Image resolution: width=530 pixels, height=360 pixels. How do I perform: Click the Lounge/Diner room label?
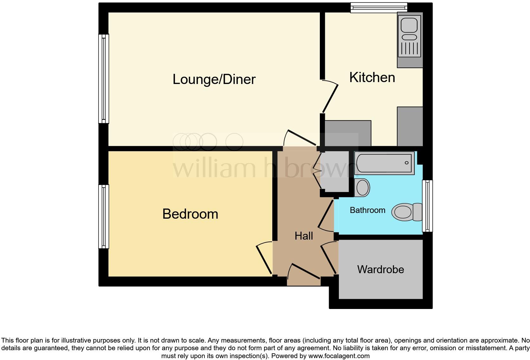[214, 79]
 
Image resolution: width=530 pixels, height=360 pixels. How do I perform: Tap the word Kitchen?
[372, 78]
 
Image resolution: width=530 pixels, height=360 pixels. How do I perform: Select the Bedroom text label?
[190, 214]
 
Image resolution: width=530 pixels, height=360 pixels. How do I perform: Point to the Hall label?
[304, 236]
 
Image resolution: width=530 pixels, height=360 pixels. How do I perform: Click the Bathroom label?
[367, 210]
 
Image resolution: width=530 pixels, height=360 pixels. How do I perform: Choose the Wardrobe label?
[380, 269]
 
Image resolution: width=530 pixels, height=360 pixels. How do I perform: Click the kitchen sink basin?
[409, 25]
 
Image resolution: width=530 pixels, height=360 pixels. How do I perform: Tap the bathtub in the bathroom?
[384, 163]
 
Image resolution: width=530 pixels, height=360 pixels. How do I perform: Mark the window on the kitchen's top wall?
[378, 8]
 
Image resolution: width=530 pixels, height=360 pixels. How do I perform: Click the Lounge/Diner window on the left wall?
[104, 79]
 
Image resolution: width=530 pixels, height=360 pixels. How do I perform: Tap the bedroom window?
[104, 216]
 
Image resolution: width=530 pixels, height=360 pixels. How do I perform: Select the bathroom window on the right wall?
[427, 206]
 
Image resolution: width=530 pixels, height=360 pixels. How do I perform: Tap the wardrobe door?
[329, 259]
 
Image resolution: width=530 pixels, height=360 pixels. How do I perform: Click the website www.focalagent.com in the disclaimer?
[339, 356]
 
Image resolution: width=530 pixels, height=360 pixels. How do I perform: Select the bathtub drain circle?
[406, 163]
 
